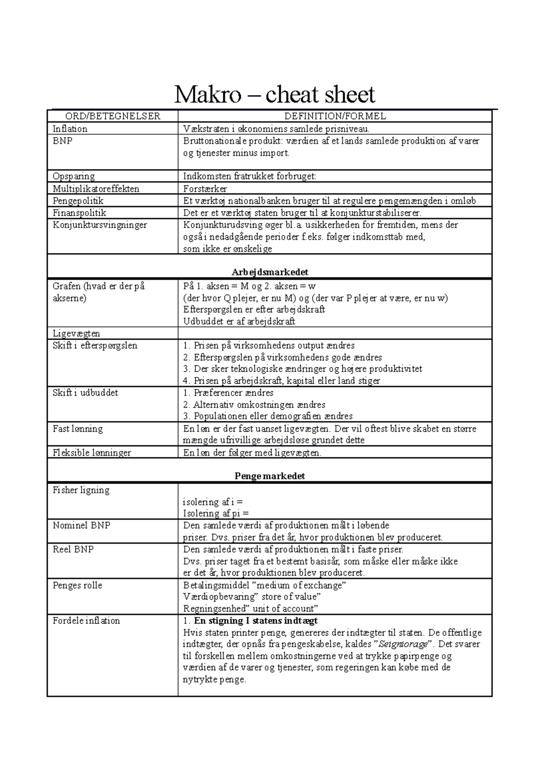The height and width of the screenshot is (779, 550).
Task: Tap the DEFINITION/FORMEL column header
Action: click(x=335, y=116)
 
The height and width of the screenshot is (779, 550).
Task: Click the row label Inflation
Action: click(x=70, y=129)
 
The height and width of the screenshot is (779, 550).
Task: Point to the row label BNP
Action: click(x=62, y=141)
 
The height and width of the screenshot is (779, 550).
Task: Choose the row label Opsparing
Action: click(x=73, y=176)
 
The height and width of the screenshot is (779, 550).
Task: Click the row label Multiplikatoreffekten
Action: click(x=96, y=189)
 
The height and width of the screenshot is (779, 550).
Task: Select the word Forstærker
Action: click(x=205, y=189)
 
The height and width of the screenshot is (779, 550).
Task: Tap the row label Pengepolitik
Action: click(x=78, y=200)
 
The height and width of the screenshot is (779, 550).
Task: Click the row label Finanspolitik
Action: click(x=79, y=213)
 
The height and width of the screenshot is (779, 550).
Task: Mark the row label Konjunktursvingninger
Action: click(x=99, y=225)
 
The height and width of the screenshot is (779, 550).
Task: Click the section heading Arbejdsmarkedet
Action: click(x=269, y=272)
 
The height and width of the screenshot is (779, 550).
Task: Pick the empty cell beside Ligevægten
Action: click(x=335, y=334)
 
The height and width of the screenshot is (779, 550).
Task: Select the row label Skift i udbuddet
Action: click(x=85, y=393)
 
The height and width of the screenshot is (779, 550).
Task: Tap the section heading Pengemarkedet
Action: click(x=269, y=476)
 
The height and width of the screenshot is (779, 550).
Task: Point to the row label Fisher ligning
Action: click(x=81, y=490)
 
